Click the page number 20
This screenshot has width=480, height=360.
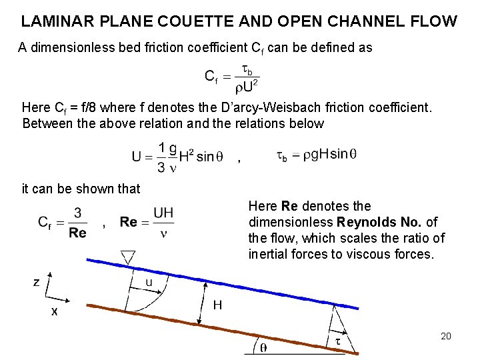(446, 336)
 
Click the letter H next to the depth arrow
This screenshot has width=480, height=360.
(217, 305)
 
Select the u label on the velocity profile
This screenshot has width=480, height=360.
(149, 283)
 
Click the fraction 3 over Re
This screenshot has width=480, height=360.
(77, 223)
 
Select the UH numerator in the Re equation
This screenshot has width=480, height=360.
(163, 213)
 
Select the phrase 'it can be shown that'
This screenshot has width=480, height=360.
(81, 189)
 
